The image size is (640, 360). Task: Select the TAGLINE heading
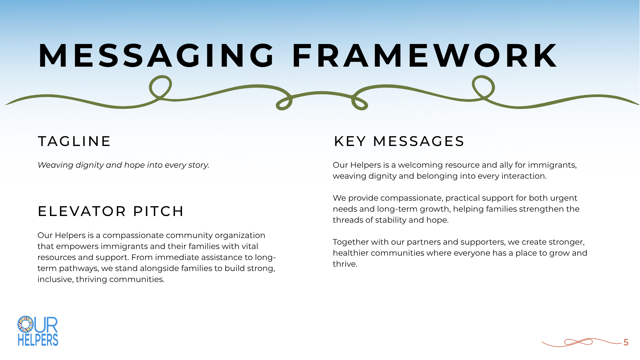[x=74, y=141]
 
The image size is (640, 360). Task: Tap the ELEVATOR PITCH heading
[x=111, y=211]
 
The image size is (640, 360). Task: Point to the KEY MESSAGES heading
[x=399, y=141]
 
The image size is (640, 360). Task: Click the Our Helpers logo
[x=38, y=331]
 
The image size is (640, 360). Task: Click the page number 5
[x=626, y=342]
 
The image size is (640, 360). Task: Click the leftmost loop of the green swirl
[x=160, y=87]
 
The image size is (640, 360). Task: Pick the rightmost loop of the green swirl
[x=483, y=87]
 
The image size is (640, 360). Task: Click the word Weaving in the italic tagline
[x=55, y=165]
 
